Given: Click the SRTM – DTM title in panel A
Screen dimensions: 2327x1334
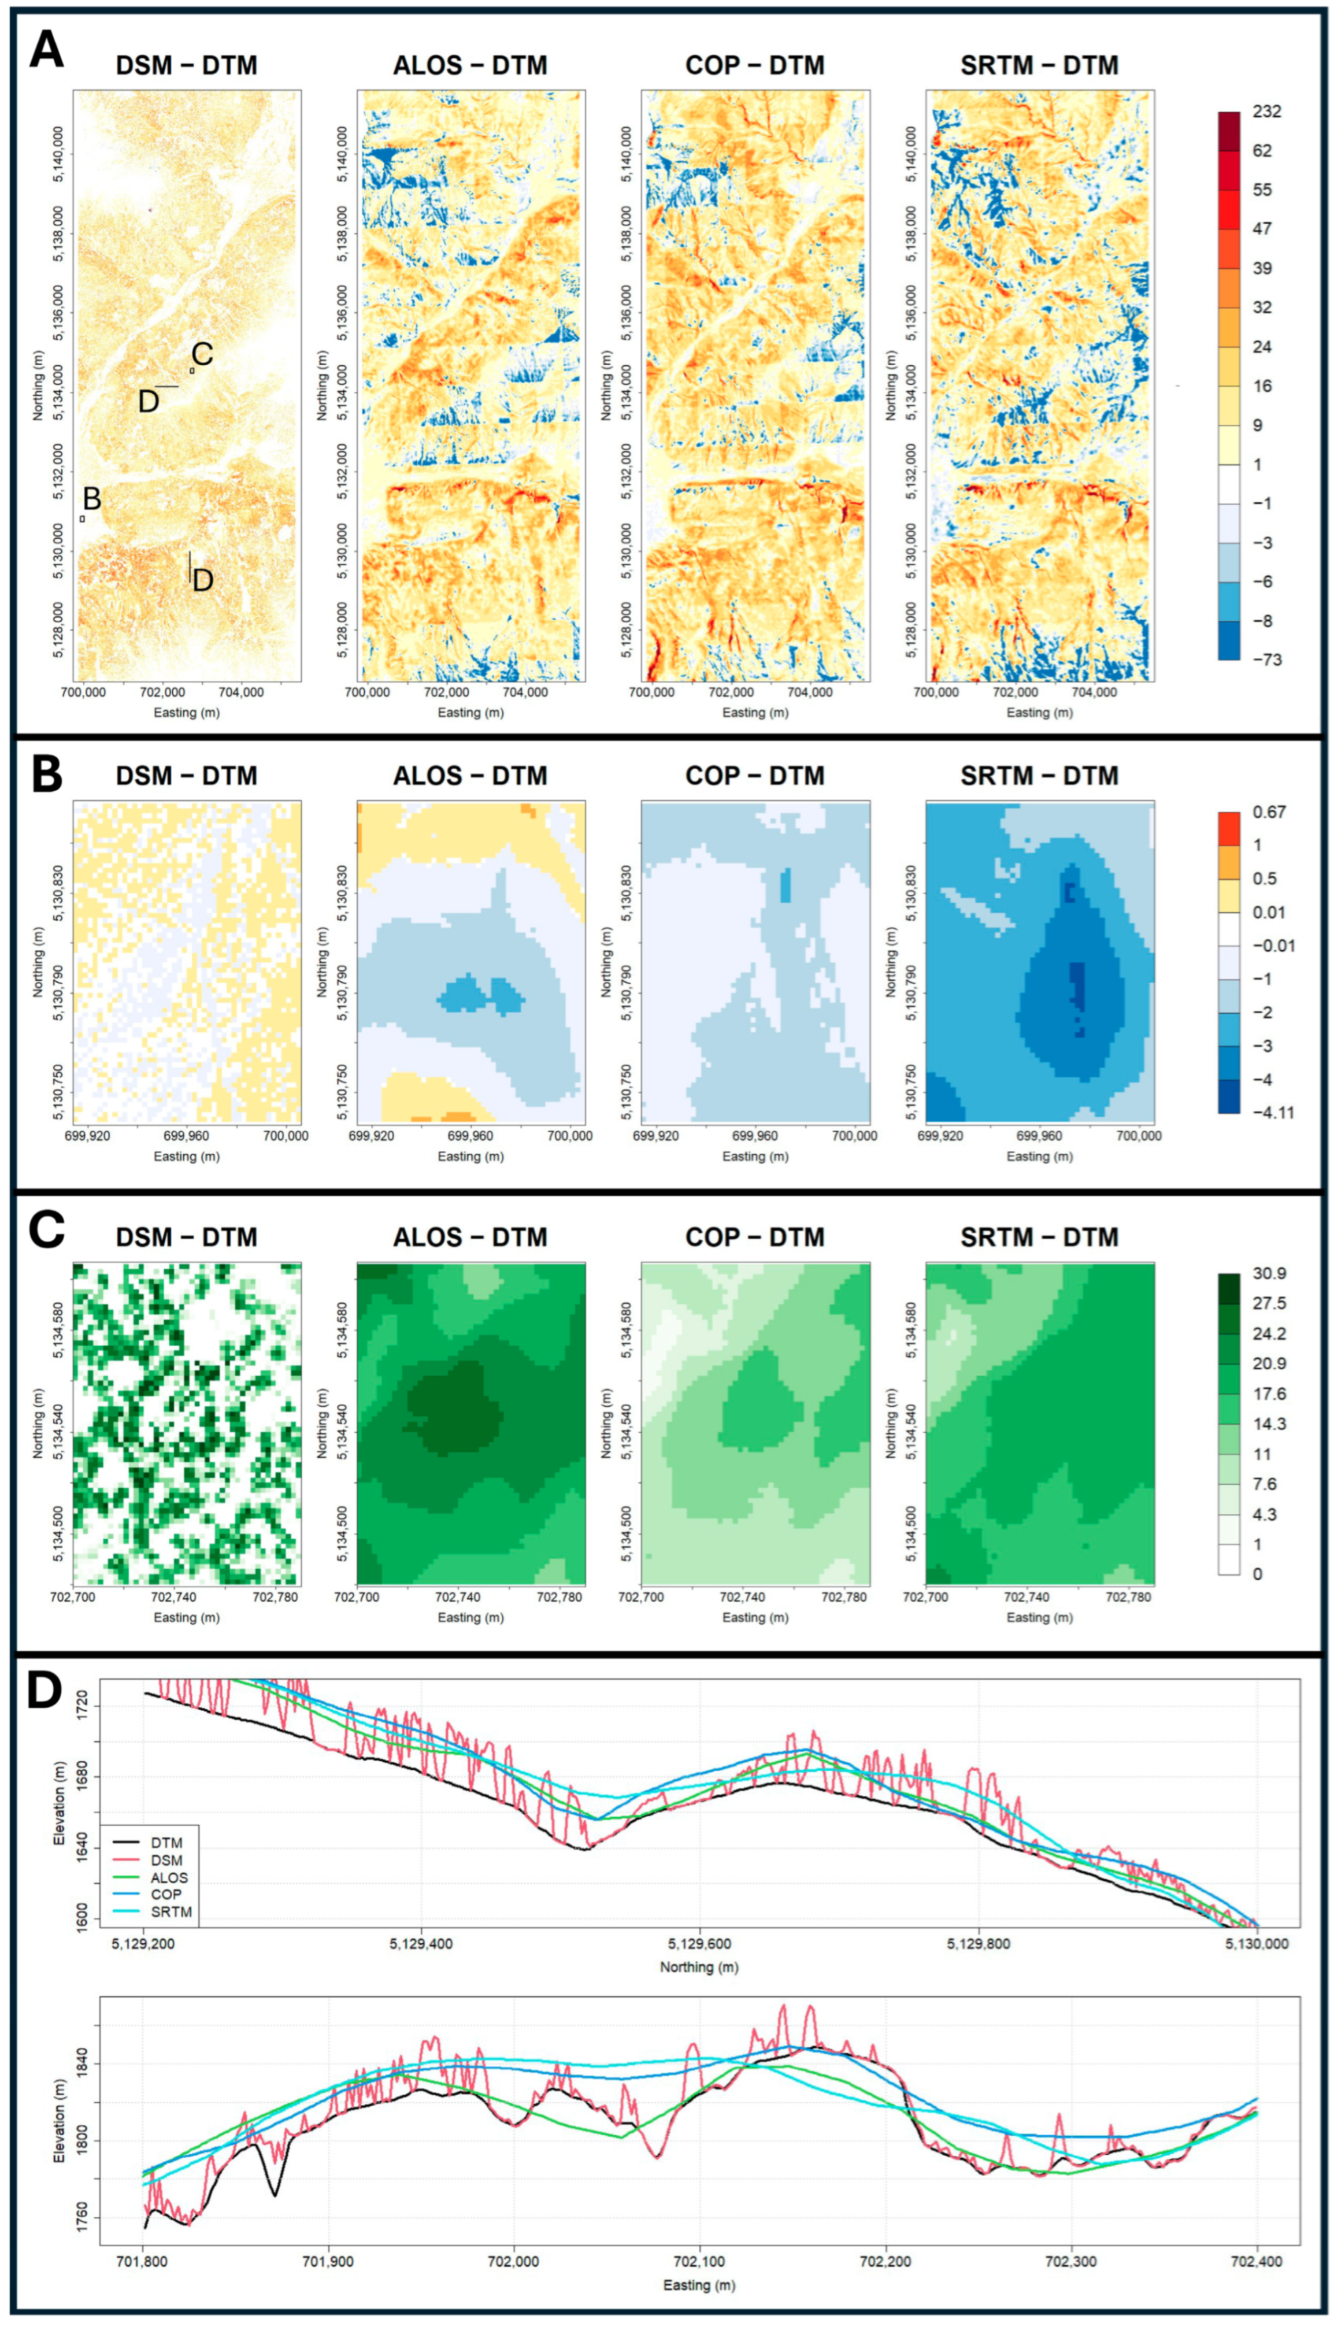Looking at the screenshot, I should coord(1039,66).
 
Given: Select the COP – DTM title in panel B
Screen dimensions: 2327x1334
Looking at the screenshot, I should coord(755,776).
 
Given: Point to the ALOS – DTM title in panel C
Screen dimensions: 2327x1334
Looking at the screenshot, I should coord(470,1237).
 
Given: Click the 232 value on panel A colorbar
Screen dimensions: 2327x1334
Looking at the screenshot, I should coord(1266,112).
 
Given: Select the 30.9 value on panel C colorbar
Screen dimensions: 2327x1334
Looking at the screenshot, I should coord(1269,1273).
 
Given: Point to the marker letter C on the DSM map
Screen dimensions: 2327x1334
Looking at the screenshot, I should coord(202,354).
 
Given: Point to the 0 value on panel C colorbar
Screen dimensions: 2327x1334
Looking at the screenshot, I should coord(1257,1574).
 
